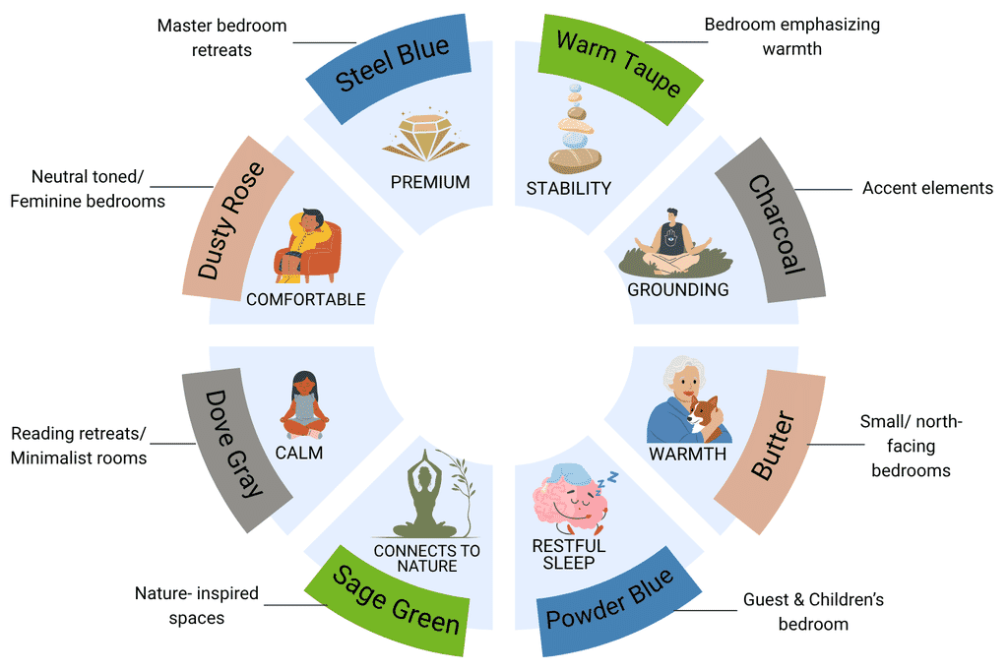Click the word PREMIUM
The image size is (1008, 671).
point(429,182)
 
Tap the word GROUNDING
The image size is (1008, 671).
point(678,290)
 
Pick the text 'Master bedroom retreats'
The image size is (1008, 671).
point(221,36)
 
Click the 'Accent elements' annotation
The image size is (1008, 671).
point(927,188)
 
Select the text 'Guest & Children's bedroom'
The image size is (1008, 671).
point(813,611)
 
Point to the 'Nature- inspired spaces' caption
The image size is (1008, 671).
point(196,606)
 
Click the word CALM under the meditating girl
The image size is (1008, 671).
point(299,454)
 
